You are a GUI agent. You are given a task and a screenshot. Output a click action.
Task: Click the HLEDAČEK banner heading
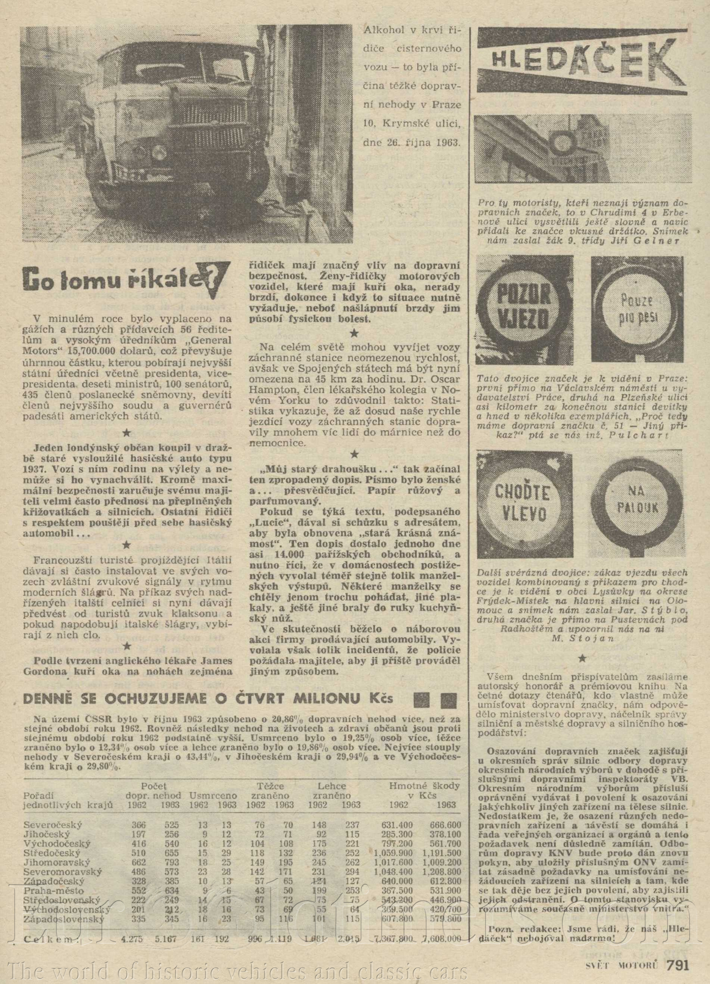click(x=582, y=61)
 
